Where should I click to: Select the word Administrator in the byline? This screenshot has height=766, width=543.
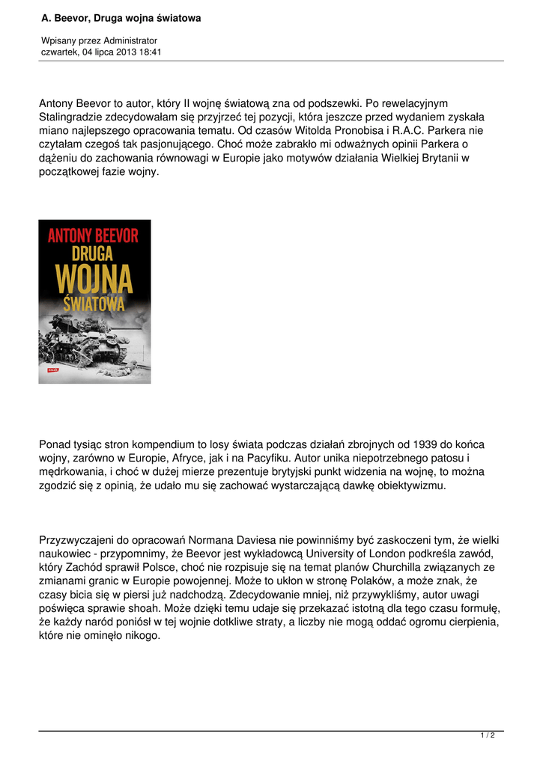(x=130, y=40)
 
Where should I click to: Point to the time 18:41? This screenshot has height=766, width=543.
(x=149, y=52)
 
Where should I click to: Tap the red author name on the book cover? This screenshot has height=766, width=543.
(x=94, y=236)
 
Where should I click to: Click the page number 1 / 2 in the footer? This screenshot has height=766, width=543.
(x=488, y=736)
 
